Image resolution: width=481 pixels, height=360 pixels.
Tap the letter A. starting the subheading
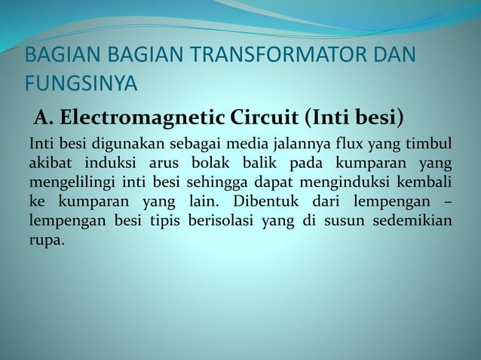[x=42, y=119]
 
